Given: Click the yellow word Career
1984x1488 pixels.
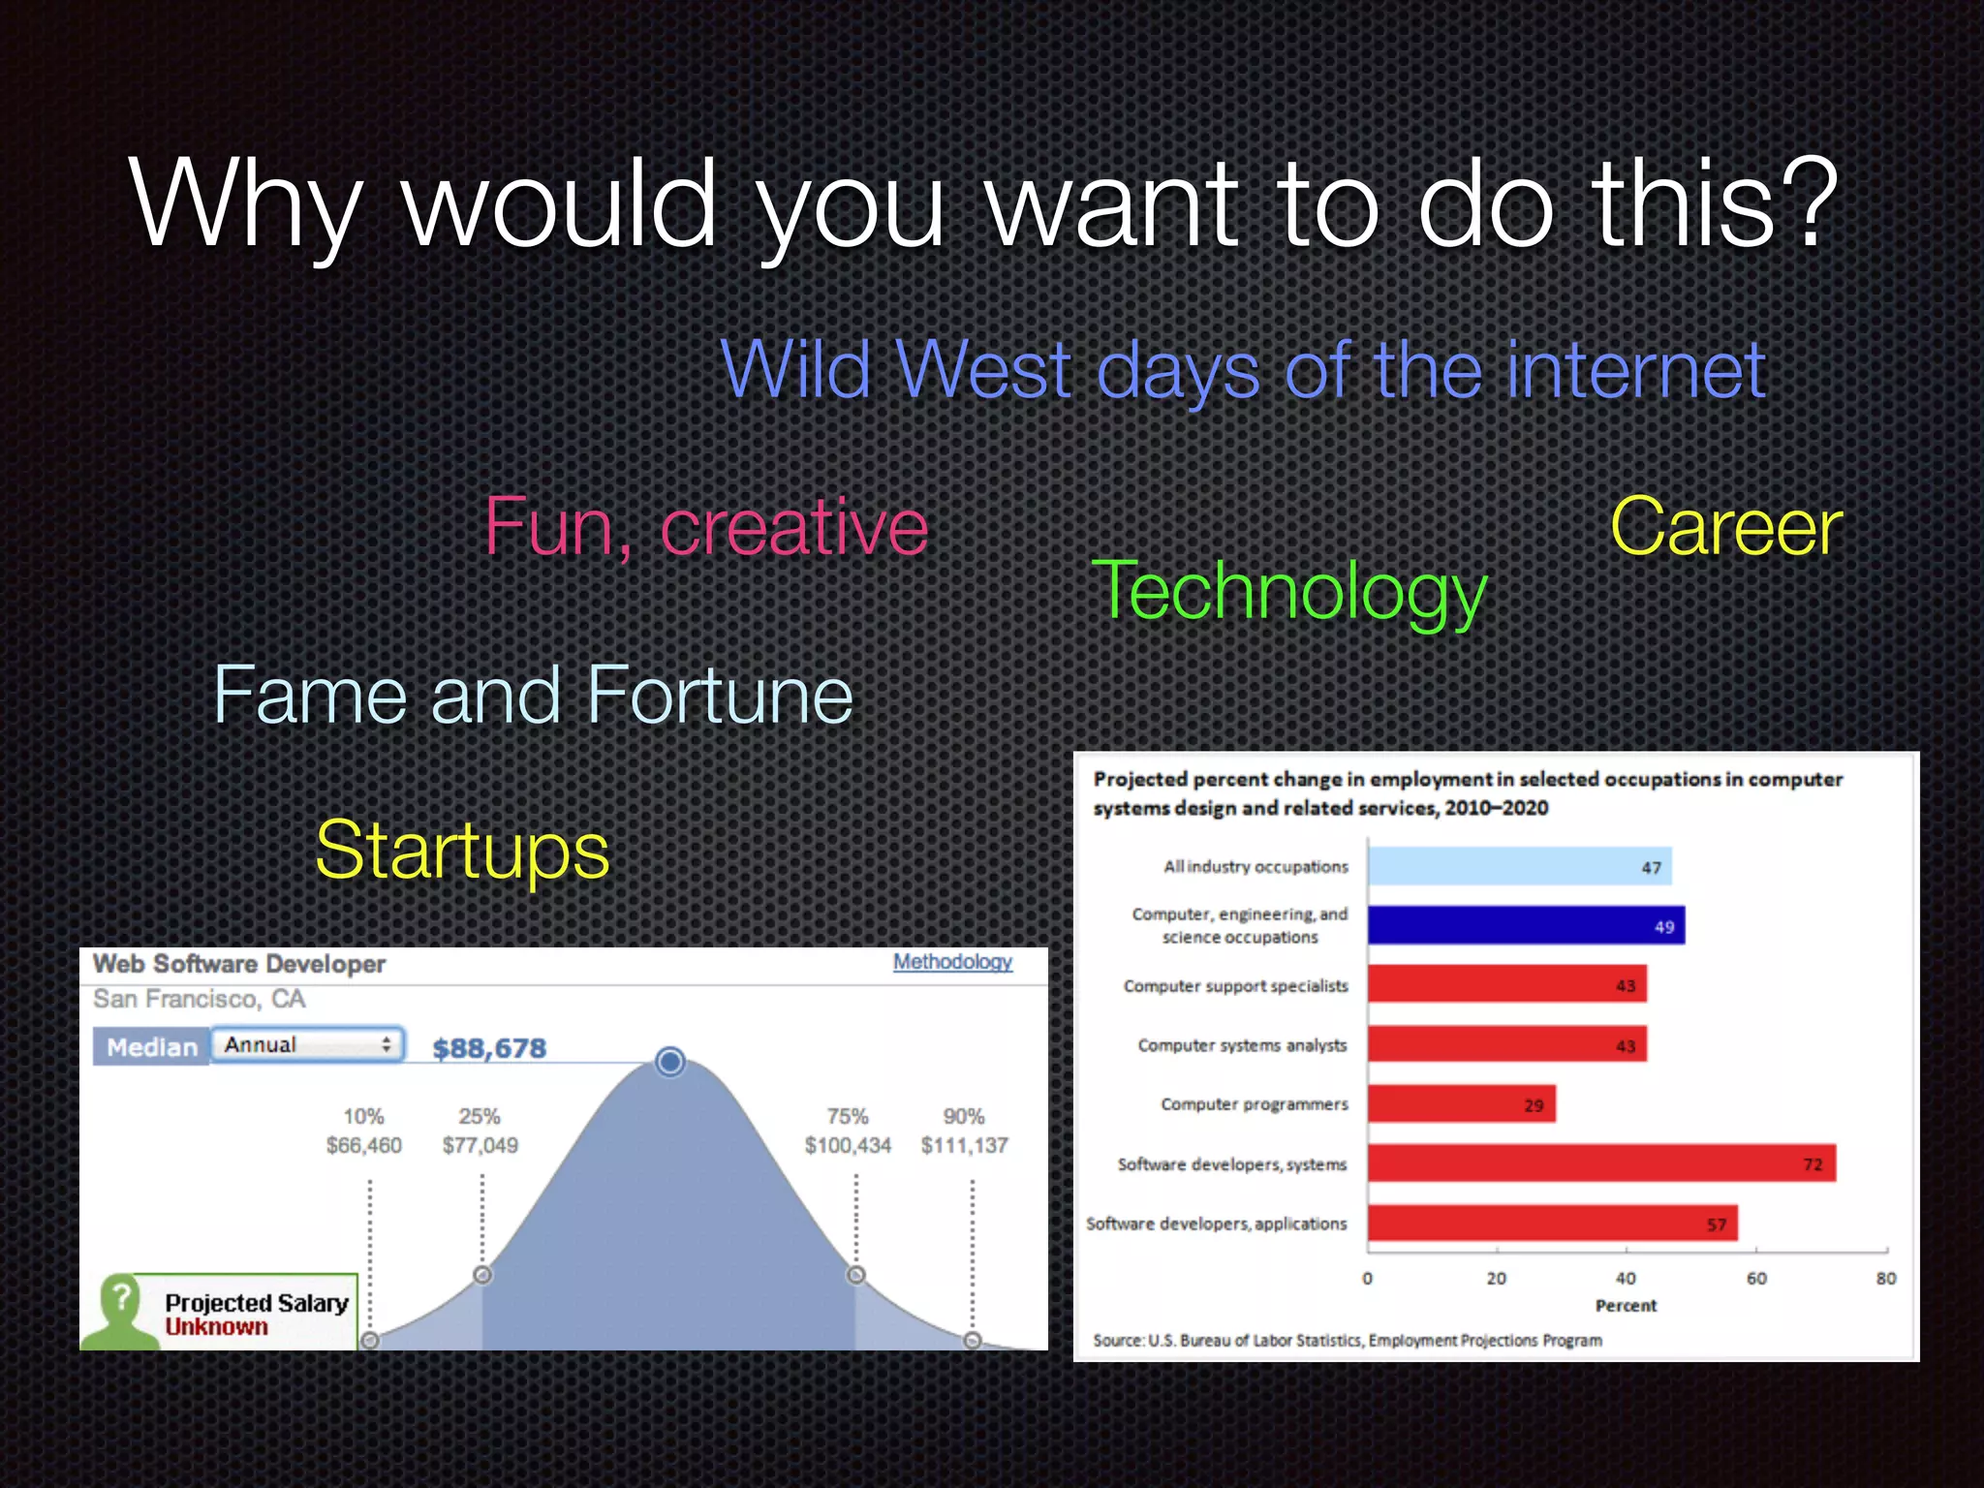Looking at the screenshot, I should click(1725, 528).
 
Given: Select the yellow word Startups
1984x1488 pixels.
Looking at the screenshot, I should click(462, 850).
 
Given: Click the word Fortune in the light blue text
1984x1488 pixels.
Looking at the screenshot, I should click(719, 695).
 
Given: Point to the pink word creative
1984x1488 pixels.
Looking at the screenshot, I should click(793, 528).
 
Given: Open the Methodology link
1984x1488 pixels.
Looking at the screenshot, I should click(952, 961).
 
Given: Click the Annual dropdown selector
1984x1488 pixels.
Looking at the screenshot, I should click(307, 1044).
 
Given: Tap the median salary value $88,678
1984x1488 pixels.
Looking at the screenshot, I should click(489, 1048).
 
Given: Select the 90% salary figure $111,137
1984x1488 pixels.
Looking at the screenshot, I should click(964, 1145).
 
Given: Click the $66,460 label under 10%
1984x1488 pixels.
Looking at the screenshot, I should click(363, 1145).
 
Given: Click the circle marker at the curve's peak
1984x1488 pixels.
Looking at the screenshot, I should click(669, 1062).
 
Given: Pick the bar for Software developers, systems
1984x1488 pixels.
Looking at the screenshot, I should click(1600, 1163).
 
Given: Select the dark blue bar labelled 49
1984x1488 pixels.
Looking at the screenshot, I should click(1526, 925).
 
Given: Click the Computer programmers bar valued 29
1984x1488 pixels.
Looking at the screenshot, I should click(1461, 1104).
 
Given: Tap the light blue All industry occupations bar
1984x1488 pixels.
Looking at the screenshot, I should click(1519, 866).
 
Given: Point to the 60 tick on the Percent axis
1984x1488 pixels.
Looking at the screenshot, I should click(1756, 1279).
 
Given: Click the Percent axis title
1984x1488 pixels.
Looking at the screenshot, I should click(1626, 1306).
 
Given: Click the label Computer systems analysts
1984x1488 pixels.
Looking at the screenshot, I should click(1242, 1045).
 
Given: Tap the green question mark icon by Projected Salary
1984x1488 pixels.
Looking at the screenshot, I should click(121, 1298).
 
